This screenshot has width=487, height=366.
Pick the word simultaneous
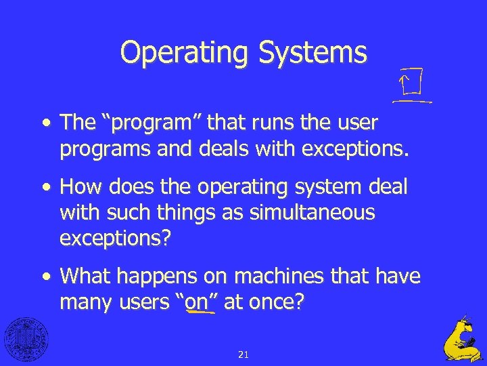tap(312, 213)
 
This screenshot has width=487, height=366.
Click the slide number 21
tap(243, 354)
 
